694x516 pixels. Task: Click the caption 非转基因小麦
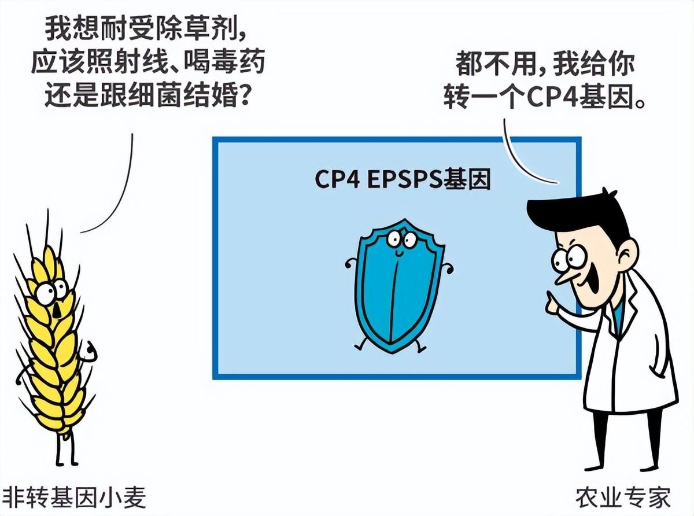click(x=74, y=497)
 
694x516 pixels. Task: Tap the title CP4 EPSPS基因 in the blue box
click(x=403, y=179)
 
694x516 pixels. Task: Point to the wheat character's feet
click(x=67, y=462)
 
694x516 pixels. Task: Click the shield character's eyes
click(x=401, y=240)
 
